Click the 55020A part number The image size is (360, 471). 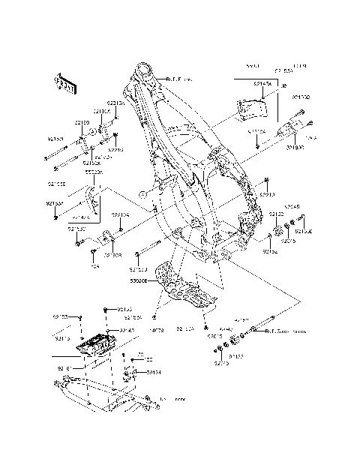click(94, 172)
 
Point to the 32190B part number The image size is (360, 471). click(113, 255)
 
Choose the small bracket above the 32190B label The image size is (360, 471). click(108, 241)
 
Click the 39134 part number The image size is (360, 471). click(153, 372)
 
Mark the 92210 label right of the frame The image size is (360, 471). click(268, 195)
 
